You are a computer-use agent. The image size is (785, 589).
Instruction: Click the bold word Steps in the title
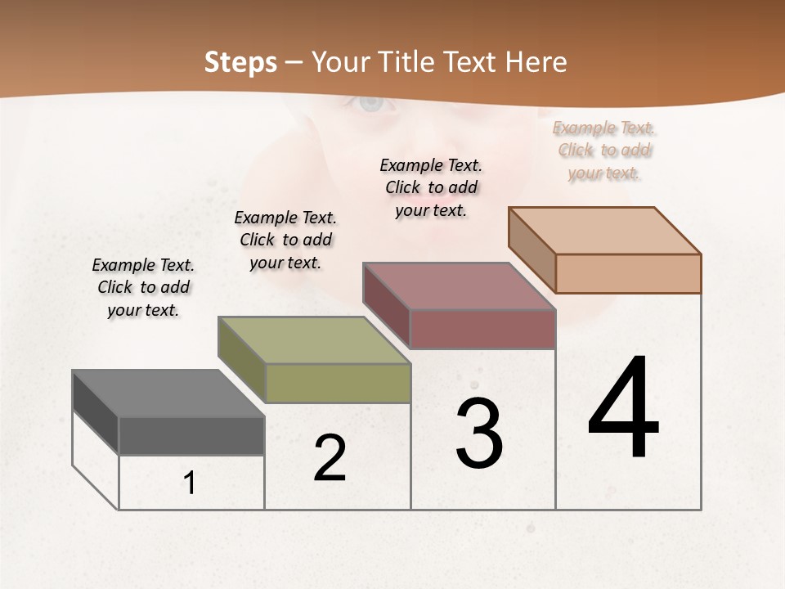coord(240,62)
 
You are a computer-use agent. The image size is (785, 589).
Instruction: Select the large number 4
coord(623,408)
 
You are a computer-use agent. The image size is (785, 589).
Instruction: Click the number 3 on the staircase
coord(479,433)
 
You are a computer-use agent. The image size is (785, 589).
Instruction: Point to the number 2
coord(330,458)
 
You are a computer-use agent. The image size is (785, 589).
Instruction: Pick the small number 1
coord(190,483)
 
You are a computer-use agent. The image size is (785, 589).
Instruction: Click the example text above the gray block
coord(143,287)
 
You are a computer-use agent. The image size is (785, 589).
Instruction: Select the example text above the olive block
coord(285,240)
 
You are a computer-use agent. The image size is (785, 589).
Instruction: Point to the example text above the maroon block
coord(431,187)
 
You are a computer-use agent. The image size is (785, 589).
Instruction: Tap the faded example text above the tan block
coord(604,150)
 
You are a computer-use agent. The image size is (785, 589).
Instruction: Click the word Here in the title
coord(536,62)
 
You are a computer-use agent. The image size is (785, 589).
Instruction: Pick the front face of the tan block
coord(628,273)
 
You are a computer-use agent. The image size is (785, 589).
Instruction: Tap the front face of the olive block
coord(338,384)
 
